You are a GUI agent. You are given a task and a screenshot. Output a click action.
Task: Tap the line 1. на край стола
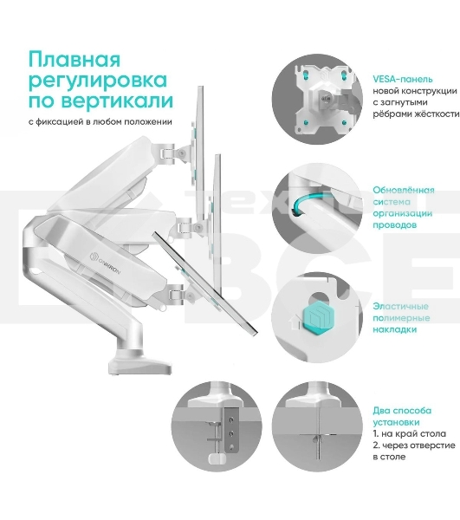click(411, 432)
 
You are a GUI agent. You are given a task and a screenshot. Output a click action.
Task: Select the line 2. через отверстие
click(414, 445)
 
